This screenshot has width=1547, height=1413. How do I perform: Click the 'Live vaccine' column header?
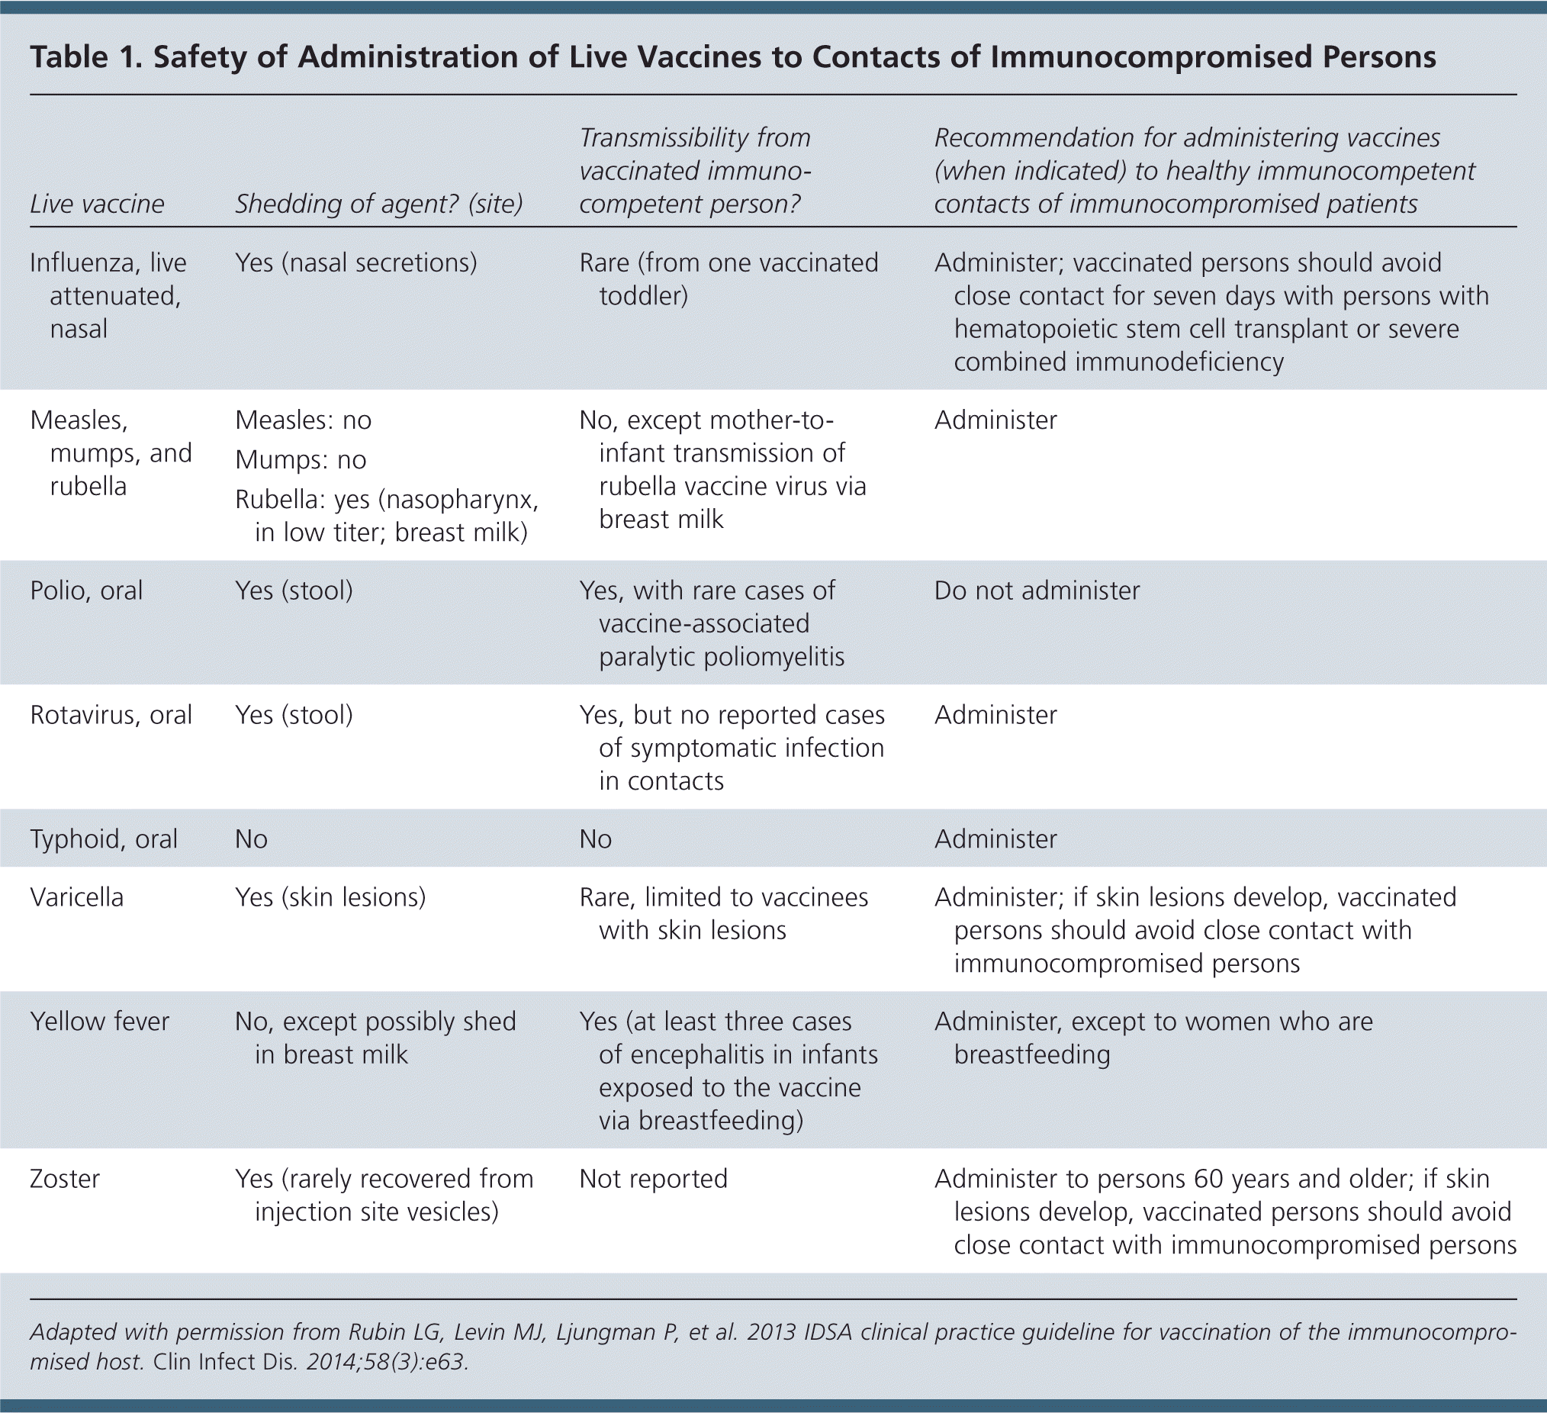click(x=97, y=204)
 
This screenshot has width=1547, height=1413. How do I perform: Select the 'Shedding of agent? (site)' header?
click(x=378, y=204)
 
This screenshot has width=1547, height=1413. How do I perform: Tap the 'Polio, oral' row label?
click(x=86, y=591)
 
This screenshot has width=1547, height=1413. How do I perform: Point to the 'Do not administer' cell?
click(x=1037, y=591)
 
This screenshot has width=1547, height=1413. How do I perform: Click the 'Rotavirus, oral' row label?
click(x=111, y=715)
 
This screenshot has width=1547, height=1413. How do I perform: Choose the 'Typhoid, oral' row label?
click(x=104, y=839)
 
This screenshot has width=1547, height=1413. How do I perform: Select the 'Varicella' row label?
click(x=77, y=897)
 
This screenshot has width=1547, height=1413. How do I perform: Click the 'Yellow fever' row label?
click(x=100, y=1022)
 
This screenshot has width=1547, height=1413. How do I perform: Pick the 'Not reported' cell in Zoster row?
click(x=653, y=1178)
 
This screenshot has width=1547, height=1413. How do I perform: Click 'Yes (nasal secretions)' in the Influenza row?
click(x=356, y=262)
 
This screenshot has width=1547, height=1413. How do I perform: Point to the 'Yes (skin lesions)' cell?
click(x=330, y=897)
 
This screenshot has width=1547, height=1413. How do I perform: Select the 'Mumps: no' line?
click(x=301, y=460)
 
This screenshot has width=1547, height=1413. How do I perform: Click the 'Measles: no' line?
click(x=303, y=420)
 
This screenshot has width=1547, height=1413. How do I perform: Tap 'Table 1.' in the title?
click(x=85, y=58)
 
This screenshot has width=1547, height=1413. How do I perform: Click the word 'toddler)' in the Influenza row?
click(x=643, y=295)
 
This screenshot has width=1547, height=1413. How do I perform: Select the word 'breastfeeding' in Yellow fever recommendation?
click(x=1032, y=1054)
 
